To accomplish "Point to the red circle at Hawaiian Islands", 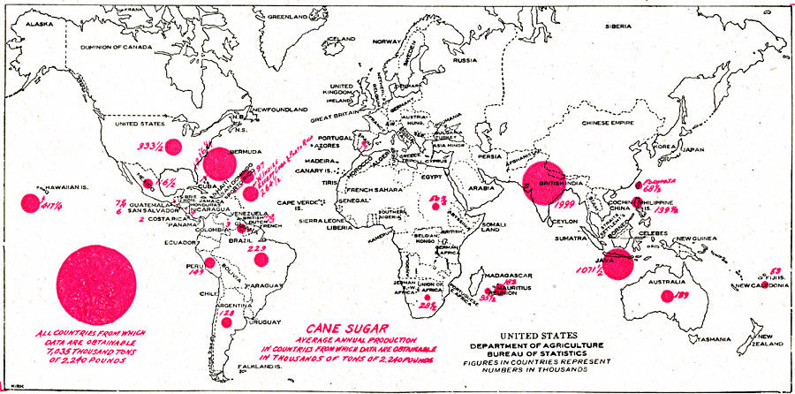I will tap(29, 203).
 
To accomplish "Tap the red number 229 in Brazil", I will tap(257, 249).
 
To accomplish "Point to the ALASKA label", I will tap(42, 25).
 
